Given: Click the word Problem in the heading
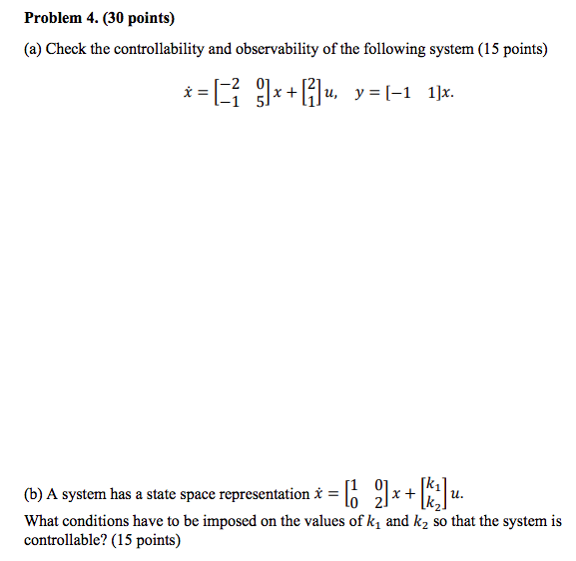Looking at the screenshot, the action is (x=53, y=18).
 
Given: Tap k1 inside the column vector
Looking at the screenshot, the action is (x=431, y=485).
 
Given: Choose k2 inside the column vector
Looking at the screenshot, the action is (x=431, y=503).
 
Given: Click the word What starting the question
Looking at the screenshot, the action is (x=43, y=521).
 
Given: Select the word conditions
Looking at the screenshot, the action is (x=104, y=521).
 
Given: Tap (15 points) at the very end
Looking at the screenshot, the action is (x=146, y=540).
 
